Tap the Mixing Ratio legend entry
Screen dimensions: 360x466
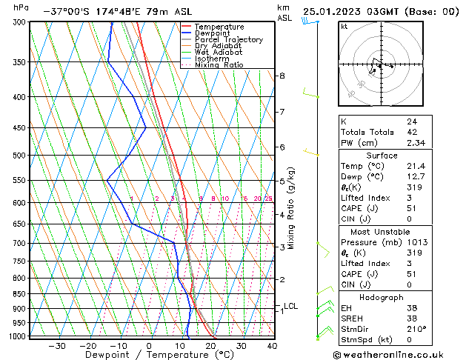[219, 65]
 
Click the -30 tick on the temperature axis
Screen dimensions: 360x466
[57, 346]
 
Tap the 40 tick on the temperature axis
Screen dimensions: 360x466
[272, 346]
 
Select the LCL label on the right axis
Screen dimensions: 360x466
[290, 306]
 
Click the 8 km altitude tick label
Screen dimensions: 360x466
[282, 76]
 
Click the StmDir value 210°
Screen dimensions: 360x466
[416, 329]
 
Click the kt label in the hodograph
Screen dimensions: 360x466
[344, 26]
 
